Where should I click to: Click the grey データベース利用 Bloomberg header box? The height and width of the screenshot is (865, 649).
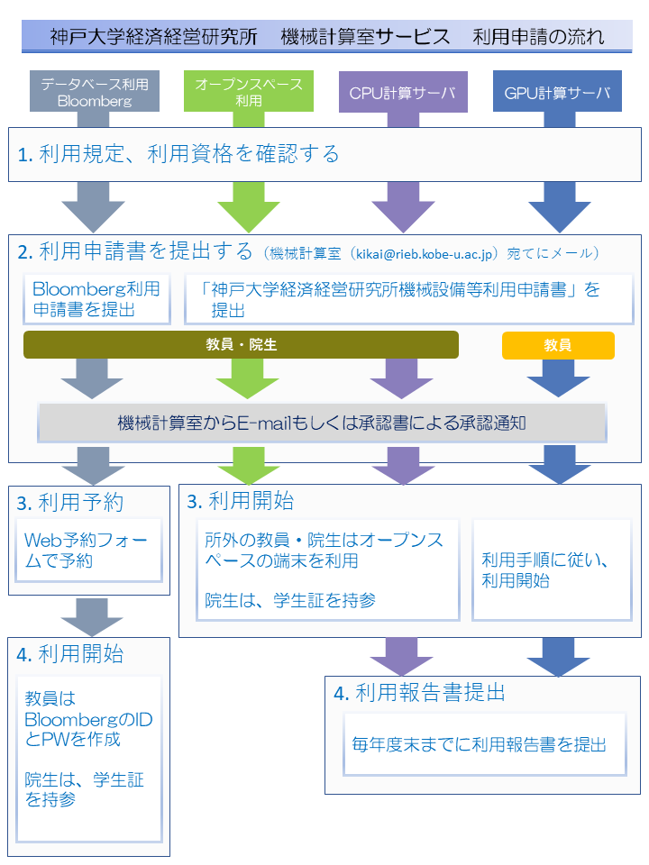[95, 92]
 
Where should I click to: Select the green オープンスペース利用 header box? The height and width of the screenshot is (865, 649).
[249, 92]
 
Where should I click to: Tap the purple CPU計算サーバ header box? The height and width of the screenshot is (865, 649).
[402, 92]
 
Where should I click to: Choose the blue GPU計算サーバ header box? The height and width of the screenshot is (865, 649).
[557, 92]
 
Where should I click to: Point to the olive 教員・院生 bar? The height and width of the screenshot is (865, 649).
[241, 344]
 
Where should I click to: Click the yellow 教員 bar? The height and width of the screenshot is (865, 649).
[557, 345]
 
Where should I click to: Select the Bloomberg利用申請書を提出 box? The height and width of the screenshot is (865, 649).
[96, 300]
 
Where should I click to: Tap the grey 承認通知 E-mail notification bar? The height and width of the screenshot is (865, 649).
[321, 423]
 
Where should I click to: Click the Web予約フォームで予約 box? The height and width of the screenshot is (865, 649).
[88, 549]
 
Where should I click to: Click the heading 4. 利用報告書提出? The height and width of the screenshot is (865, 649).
[419, 692]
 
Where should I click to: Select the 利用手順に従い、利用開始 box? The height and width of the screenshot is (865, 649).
[551, 569]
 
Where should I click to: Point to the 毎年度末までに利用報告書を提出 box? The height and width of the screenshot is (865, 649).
[479, 744]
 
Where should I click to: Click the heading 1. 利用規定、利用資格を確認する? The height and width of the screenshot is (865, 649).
[178, 154]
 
